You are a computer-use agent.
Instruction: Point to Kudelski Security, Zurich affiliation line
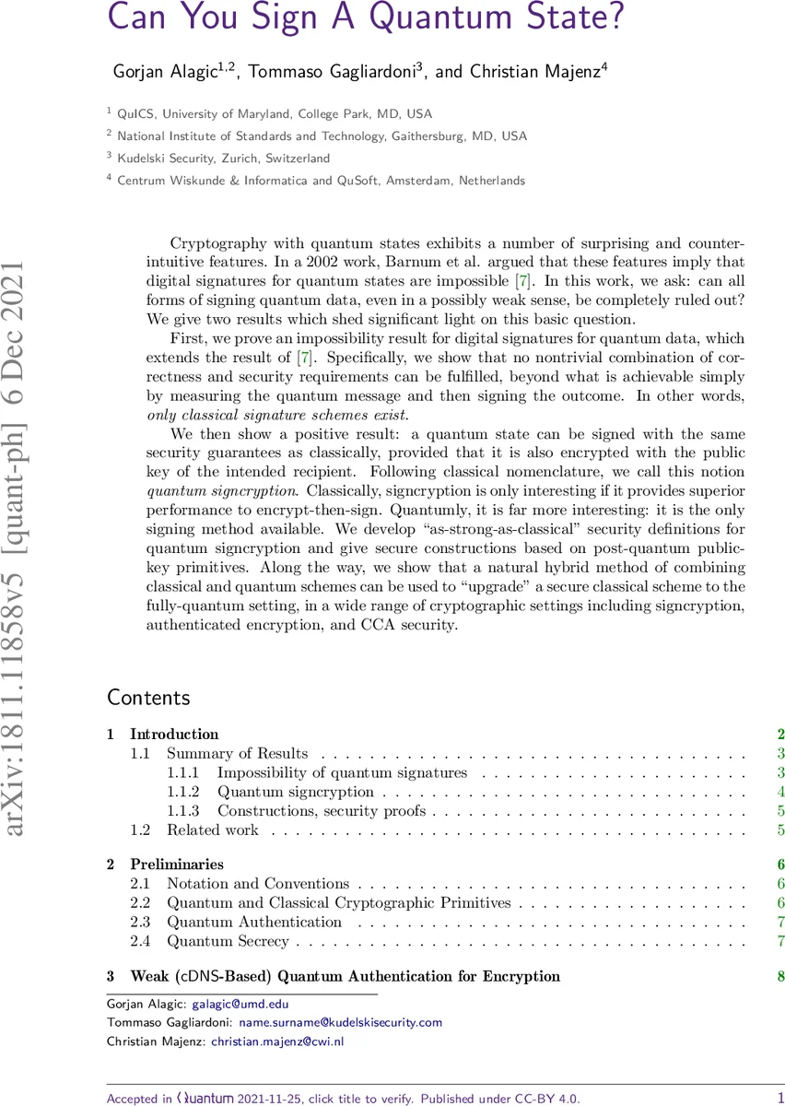coord(223,159)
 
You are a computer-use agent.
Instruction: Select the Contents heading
coord(148,697)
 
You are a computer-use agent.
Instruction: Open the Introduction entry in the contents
coord(174,735)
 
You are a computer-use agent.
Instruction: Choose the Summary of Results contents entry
coord(237,754)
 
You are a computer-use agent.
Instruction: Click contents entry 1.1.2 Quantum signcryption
coord(295,792)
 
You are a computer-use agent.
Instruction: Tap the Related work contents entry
coord(212,830)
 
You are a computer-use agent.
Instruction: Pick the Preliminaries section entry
coord(176,865)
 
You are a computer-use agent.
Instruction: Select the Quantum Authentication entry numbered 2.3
coord(253,922)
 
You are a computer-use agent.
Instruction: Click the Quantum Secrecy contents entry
coord(228,941)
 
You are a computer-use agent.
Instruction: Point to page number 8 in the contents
coord(780,976)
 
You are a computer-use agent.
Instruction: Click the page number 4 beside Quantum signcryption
coord(780,792)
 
